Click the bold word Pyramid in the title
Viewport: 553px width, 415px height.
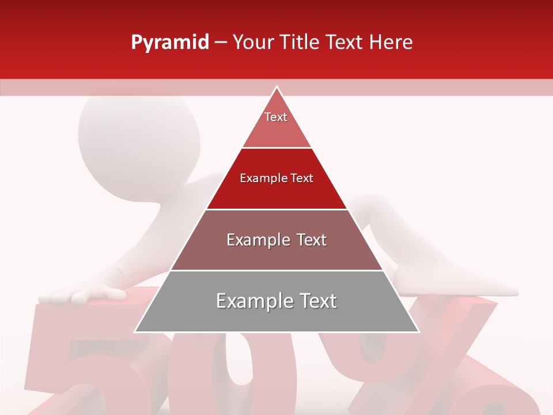169,43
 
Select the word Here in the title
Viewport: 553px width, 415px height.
391,43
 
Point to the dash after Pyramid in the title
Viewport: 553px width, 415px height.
221,43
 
